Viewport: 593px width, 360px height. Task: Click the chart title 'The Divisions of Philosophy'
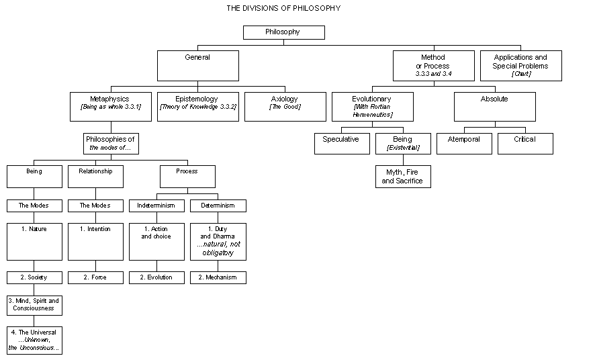click(x=283, y=8)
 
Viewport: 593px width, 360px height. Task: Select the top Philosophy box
click(x=283, y=32)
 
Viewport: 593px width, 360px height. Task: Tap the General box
click(x=197, y=66)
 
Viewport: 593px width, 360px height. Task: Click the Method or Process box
click(x=433, y=66)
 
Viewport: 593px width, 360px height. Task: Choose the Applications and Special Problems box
click(x=520, y=66)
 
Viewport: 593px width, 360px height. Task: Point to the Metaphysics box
click(x=110, y=106)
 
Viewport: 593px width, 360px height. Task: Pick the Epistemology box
click(x=197, y=106)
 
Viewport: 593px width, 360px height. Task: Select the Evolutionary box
click(x=371, y=106)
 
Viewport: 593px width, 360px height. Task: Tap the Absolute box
click(x=494, y=106)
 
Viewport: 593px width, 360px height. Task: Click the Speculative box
click(x=341, y=143)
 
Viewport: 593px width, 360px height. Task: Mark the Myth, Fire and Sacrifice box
click(x=402, y=177)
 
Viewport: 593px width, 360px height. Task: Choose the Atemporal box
click(x=464, y=143)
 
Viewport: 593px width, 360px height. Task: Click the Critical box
click(x=525, y=143)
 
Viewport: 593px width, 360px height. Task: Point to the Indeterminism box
click(x=156, y=206)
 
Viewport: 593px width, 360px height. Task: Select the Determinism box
click(x=218, y=206)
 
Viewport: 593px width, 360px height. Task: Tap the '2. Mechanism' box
click(x=218, y=277)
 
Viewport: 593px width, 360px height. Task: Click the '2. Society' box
click(x=34, y=277)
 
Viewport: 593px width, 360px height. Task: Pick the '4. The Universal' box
click(x=34, y=340)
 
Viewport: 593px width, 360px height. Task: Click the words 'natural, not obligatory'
click(x=218, y=249)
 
